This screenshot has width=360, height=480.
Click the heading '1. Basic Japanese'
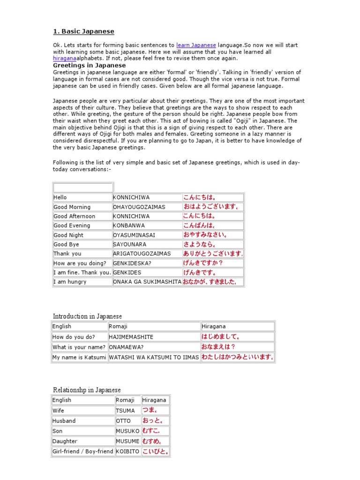pos(83,31)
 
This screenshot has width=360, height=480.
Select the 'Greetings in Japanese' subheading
pos(89,65)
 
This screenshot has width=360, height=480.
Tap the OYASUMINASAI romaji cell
pos(134,235)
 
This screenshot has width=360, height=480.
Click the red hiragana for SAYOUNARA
pos(200,244)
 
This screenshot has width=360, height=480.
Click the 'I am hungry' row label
pos(70,282)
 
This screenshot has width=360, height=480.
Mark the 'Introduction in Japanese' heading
pos(87,316)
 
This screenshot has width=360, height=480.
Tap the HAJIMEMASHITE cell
pos(131,337)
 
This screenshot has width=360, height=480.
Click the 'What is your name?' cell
pos(79,347)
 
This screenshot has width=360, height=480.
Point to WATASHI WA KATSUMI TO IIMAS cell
pos(154,357)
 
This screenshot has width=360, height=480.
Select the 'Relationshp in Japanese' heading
pos(87,390)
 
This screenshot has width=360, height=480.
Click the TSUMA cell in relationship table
pos(125,410)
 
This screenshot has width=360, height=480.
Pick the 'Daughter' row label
pos(65,441)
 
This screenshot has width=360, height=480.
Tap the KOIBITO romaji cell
pos(127,451)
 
